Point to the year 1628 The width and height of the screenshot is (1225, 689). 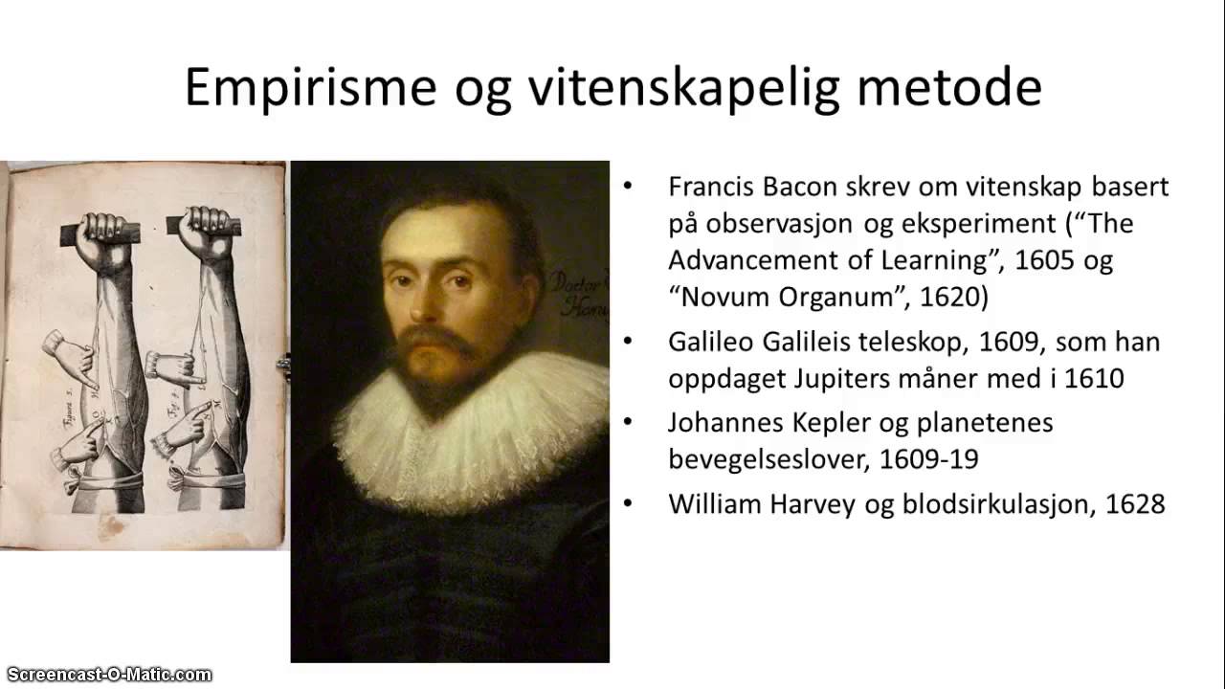[1135, 504]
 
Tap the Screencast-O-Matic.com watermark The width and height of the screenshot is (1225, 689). [106, 675]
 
